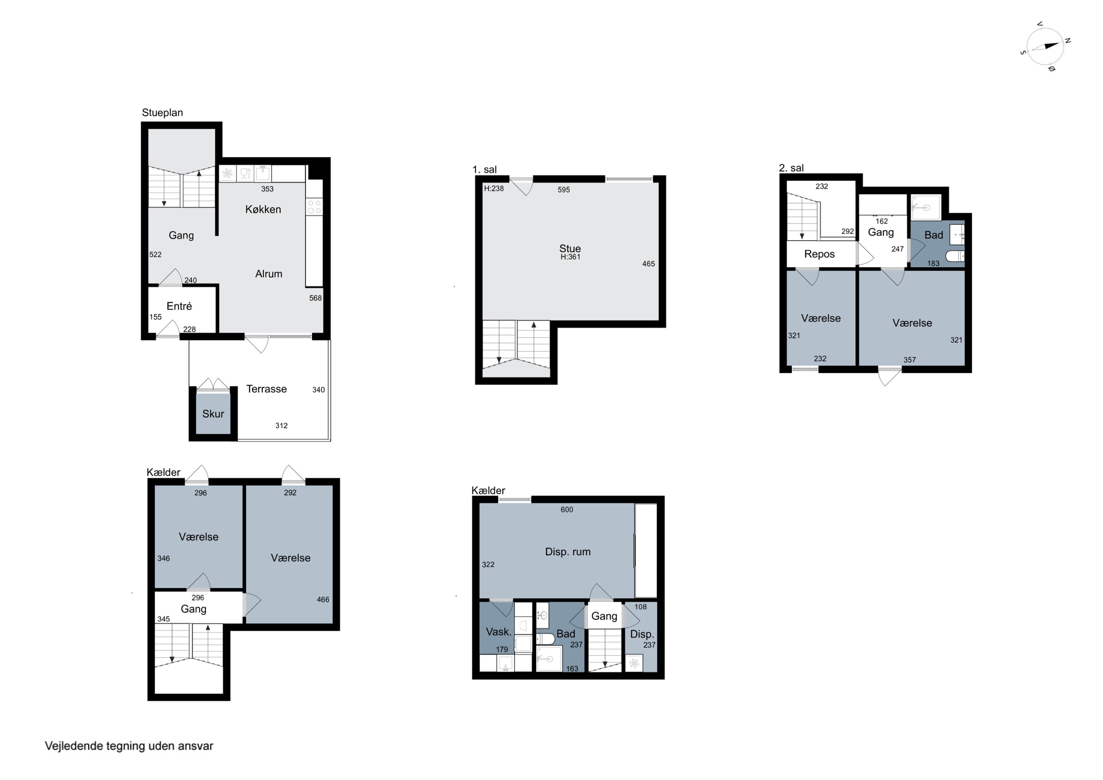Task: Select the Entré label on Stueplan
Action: pyautogui.click(x=179, y=306)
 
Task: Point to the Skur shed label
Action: pyautogui.click(x=213, y=414)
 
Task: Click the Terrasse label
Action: pyautogui.click(x=266, y=389)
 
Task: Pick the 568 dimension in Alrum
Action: pyautogui.click(x=315, y=298)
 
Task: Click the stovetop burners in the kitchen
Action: pyautogui.click(x=314, y=207)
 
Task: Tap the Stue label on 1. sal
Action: pyautogui.click(x=570, y=249)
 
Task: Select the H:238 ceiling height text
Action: pyautogui.click(x=494, y=188)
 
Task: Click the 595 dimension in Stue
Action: pyautogui.click(x=564, y=190)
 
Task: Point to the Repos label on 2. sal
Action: pyautogui.click(x=819, y=254)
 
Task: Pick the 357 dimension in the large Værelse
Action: pyautogui.click(x=909, y=360)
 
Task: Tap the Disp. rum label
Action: pyautogui.click(x=567, y=552)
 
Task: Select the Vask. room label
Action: pyautogui.click(x=499, y=632)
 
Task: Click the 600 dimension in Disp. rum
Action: pyautogui.click(x=567, y=509)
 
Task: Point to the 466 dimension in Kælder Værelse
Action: pyautogui.click(x=323, y=599)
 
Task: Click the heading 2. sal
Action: pyautogui.click(x=791, y=168)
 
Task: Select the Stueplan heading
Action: pyautogui.click(x=163, y=113)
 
